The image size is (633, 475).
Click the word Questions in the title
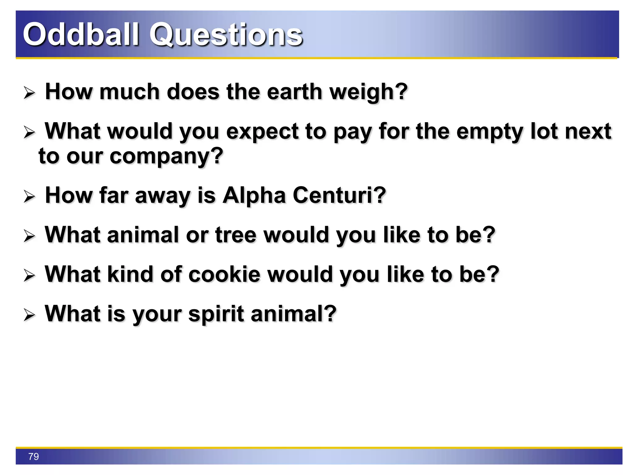(x=226, y=35)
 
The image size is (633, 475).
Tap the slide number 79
(x=33, y=456)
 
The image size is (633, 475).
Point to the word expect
(x=263, y=132)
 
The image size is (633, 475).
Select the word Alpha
(x=254, y=196)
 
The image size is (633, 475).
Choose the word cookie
(x=224, y=274)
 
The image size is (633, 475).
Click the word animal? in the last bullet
(x=293, y=314)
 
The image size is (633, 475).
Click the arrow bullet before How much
(x=29, y=93)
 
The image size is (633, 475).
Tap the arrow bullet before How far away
(x=29, y=197)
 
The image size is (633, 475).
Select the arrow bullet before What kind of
(x=29, y=276)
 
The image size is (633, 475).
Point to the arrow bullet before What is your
(x=29, y=315)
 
